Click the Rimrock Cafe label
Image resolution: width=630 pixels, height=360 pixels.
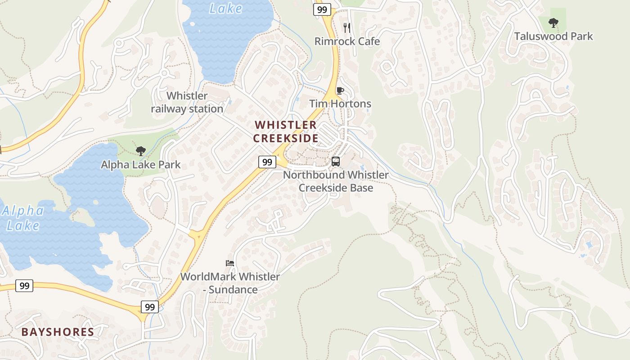coord(347,41)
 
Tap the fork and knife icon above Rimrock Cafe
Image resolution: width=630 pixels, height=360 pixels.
coord(347,27)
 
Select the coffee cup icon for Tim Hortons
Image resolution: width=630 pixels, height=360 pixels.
coord(340,91)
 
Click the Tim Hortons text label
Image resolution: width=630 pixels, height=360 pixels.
coord(340,104)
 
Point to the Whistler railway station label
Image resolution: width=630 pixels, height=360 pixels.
coord(187,102)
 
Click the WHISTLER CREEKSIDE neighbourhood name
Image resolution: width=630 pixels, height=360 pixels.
coord(286,131)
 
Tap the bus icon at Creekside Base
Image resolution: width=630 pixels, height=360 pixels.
coord(336,162)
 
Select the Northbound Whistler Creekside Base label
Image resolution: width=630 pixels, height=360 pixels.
coord(336,181)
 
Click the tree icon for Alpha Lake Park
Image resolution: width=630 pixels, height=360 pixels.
coord(140,151)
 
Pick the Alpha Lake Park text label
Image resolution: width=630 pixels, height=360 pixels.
coord(140,165)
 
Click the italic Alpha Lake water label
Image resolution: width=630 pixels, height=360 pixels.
coord(23,218)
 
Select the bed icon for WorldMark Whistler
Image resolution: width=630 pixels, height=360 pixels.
coord(230,263)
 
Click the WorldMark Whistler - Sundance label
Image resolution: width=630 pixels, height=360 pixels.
coord(230,283)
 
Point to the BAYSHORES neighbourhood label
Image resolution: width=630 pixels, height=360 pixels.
coord(58,333)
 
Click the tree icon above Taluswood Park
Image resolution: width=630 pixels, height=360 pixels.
coord(553,22)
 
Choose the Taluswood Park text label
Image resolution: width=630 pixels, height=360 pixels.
coord(553,36)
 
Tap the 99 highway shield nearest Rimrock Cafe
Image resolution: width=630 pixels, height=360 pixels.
coord(322,9)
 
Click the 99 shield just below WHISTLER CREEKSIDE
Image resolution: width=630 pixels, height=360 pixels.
coord(267,162)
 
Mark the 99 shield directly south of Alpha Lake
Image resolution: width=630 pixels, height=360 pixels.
coord(24,285)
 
